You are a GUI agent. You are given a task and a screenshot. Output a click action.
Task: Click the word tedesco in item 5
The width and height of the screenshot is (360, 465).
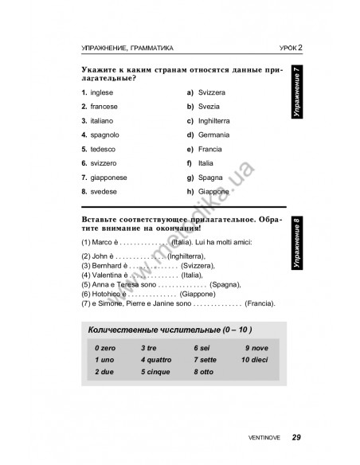tap(104, 149)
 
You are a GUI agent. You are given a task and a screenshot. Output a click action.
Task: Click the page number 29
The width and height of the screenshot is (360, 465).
tap(296, 436)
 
